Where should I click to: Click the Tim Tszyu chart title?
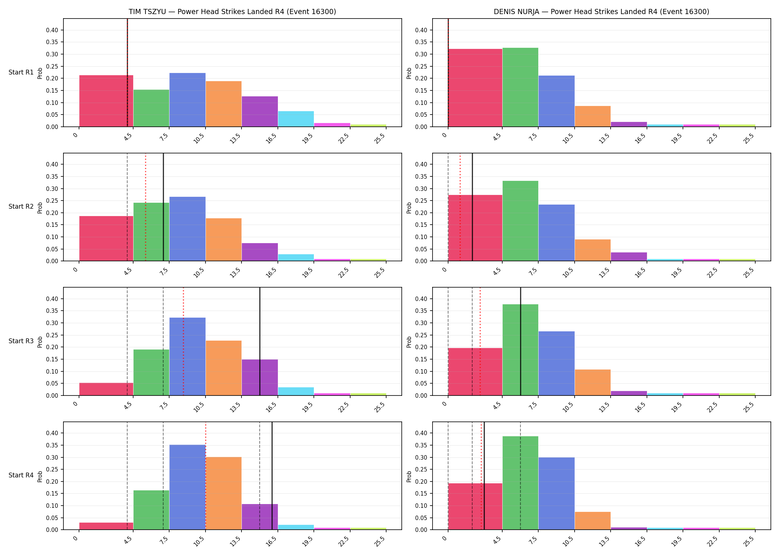[x=232, y=11]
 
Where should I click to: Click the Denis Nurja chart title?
[x=601, y=11]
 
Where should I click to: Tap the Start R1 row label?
[x=21, y=72]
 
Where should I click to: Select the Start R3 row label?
[x=21, y=341]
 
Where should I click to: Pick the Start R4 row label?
[x=21, y=475]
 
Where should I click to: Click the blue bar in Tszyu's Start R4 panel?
[x=187, y=487]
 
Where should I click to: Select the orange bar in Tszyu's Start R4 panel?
[x=224, y=493]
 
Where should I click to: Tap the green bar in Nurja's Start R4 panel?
[x=520, y=483]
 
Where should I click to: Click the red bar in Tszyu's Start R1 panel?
[x=106, y=101]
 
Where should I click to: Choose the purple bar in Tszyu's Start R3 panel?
[x=260, y=377]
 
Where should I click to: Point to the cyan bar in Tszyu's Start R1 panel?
[x=296, y=119]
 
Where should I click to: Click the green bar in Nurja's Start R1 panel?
[x=520, y=87]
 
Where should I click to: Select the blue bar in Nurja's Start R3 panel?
[x=556, y=363]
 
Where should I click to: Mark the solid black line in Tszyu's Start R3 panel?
[x=260, y=341]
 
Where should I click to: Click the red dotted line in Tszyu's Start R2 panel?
[x=145, y=207]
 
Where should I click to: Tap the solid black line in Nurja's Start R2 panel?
[x=472, y=207]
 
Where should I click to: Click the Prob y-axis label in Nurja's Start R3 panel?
[x=409, y=342]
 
